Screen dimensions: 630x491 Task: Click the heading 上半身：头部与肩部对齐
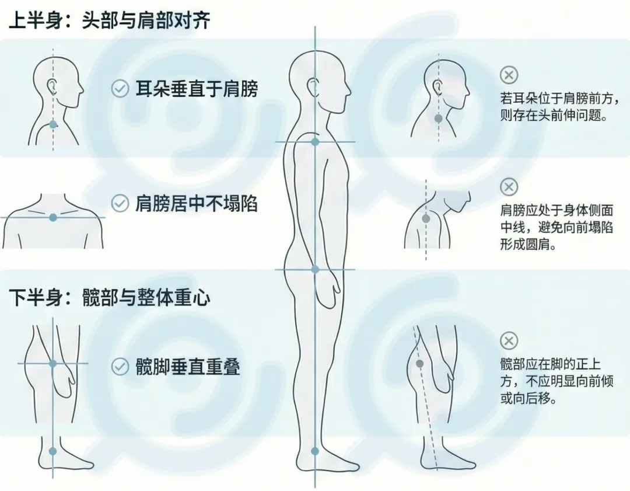click(x=109, y=20)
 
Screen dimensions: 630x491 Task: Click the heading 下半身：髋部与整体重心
click(x=109, y=297)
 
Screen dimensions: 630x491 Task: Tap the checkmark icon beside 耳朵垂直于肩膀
click(x=120, y=89)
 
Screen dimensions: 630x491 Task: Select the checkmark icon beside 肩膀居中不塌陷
click(x=120, y=204)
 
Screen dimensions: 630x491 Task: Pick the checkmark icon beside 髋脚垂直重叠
click(x=120, y=367)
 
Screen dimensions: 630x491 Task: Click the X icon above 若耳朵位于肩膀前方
click(x=509, y=75)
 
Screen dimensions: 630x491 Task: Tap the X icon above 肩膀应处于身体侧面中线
click(x=509, y=187)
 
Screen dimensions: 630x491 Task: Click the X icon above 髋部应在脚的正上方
click(x=509, y=341)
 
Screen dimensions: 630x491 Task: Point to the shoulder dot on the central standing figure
click(x=315, y=142)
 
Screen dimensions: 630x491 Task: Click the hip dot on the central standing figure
click(x=315, y=269)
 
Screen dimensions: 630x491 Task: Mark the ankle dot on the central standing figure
click(x=315, y=451)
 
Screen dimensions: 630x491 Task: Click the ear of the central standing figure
click(x=313, y=87)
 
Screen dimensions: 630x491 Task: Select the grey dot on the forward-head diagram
click(x=438, y=119)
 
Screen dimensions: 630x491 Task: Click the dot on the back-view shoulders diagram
click(x=53, y=218)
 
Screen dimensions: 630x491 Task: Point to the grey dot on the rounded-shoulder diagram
click(x=426, y=219)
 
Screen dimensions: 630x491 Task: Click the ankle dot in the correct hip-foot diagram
click(x=52, y=451)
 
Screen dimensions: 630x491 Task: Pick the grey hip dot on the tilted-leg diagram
click(x=419, y=364)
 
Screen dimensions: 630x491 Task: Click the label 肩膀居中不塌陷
click(x=197, y=204)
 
